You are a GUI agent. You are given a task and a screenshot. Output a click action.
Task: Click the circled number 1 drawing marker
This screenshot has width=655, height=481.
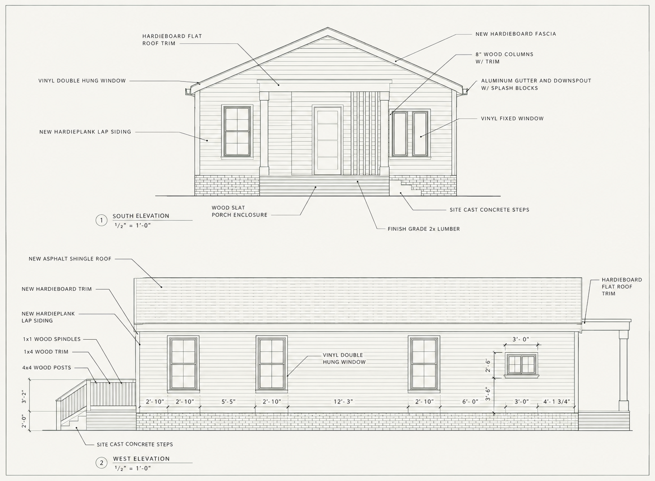[x=102, y=220]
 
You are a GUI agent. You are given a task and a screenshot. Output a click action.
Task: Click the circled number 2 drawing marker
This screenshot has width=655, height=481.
[x=102, y=463]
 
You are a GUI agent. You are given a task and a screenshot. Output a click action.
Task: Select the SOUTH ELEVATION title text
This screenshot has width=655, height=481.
[x=141, y=216]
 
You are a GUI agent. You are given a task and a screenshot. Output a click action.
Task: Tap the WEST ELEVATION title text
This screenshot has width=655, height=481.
[x=141, y=459]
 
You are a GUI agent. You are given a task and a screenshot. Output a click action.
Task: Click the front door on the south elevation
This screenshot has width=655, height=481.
[x=328, y=140]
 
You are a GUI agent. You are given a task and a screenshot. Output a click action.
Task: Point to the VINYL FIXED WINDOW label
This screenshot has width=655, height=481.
[x=512, y=119]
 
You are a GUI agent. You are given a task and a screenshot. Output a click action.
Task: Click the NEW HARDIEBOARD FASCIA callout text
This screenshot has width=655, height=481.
[x=516, y=34]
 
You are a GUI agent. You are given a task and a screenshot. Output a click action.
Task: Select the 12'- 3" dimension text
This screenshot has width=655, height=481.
[x=343, y=402]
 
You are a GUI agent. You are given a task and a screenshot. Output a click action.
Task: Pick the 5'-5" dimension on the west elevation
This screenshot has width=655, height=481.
[x=228, y=402]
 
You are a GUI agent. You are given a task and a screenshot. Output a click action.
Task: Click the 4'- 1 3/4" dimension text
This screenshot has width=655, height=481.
[x=557, y=402]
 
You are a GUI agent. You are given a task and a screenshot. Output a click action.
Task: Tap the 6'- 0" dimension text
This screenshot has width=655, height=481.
[x=470, y=402]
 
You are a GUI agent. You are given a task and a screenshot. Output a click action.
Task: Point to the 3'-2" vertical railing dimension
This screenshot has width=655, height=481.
[x=24, y=397]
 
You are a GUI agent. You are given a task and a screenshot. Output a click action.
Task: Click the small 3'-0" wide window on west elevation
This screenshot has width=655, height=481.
[x=522, y=365]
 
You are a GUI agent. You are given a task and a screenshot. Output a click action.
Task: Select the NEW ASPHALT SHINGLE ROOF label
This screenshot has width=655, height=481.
[x=70, y=259]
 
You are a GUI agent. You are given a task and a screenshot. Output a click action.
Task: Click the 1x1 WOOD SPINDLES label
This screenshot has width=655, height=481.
[x=52, y=339]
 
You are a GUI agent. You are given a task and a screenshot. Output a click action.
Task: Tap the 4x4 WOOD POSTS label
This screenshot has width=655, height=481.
[x=47, y=368]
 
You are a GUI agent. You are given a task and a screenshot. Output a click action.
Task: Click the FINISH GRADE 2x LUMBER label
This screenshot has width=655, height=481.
[x=424, y=229]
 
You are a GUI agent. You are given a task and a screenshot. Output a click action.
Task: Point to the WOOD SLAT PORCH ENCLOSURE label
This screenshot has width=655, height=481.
[x=240, y=211]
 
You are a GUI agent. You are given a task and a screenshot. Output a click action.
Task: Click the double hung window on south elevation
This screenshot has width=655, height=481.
[x=237, y=132]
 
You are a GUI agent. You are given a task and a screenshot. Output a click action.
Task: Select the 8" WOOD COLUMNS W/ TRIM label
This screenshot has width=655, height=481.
[x=505, y=58]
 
